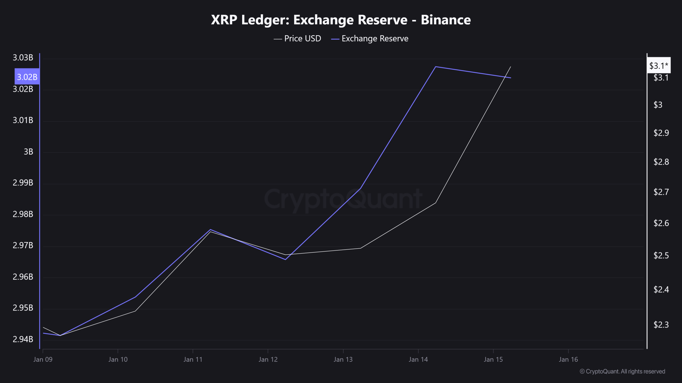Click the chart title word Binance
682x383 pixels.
tap(446, 20)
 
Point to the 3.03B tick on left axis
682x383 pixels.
tap(23, 58)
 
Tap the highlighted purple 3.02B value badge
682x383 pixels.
tap(27, 77)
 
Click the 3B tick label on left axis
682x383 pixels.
tap(28, 152)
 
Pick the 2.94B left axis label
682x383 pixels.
tap(23, 339)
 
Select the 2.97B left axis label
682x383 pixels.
tap(23, 245)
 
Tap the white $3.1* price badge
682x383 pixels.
tap(658, 66)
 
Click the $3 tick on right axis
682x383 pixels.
tap(658, 105)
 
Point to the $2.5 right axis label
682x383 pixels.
tap(661, 256)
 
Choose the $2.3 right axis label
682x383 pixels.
tap(661, 325)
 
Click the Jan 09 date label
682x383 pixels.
tap(43, 359)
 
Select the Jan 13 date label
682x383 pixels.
tap(343, 359)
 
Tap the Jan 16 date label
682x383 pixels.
tap(568, 359)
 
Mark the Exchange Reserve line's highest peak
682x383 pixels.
tap(436, 67)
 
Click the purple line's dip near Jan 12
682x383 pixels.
tap(285, 259)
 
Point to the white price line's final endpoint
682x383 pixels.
tap(511, 67)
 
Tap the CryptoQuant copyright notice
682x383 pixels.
tap(622, 371)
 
